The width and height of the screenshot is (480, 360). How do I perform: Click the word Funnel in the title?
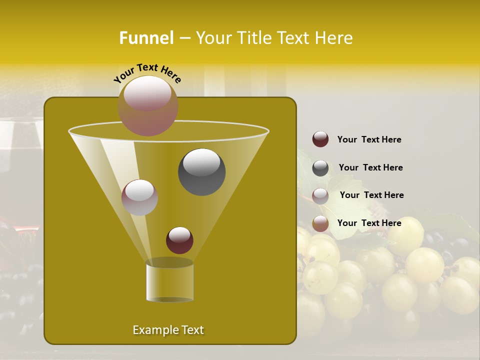pos(146,38)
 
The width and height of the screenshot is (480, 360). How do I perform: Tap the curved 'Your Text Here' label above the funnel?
pos(147,73)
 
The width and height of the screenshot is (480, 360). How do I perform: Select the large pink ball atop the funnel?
pos(148,106)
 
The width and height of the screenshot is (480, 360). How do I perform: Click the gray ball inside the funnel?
pos(201,172)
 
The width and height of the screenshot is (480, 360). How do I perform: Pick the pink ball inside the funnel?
pos(139,197)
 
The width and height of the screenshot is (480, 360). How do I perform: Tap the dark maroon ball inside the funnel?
pos(179,240)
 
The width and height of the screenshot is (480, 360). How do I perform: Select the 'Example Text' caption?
pos(168,330)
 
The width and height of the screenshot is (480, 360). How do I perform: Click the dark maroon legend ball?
pos(320,139)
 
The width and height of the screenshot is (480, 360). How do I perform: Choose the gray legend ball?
pos(320,168)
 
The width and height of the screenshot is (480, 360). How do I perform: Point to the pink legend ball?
pos(320,196)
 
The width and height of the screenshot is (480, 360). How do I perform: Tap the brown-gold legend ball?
pos(320,223)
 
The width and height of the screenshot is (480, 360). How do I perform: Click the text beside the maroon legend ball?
pos(369,139)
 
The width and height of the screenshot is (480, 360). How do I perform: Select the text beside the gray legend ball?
pos(370,167)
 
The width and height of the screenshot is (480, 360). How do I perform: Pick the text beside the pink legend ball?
pos(371,195)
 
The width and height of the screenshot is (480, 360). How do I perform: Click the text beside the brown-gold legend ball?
pos(369,223)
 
